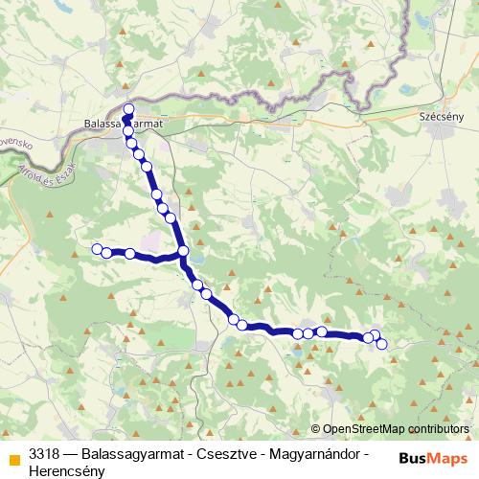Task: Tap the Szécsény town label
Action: [x=442, y=117]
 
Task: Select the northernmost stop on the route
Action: [x=128, y=108]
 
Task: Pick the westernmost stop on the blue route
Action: [x=96, y=249]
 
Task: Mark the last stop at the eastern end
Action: [x=382, y=344]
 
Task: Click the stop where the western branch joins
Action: [x=183, y=252]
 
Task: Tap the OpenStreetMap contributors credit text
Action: [x=395, y=429]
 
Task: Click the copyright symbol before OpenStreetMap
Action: [x=315, y=429]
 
